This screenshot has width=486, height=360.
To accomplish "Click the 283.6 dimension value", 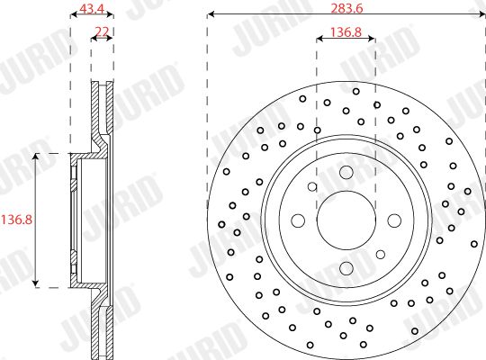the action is tap(346, 8).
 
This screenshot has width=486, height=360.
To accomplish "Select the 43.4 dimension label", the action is tap(92, 8).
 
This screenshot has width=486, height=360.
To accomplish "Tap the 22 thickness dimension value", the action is tap(102, 31).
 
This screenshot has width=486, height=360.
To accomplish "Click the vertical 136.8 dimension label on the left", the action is tap(16, 220).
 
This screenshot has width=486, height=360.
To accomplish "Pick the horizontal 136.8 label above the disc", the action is tap(346, 31).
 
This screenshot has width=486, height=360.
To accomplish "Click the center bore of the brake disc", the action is tap(346, 220).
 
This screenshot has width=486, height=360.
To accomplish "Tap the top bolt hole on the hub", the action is tap(346, 173).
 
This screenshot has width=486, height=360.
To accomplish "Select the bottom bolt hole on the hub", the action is tap(346, 268).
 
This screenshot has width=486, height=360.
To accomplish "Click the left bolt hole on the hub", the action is tap(298, 220).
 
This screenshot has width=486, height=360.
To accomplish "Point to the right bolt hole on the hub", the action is tap(394, 220).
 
